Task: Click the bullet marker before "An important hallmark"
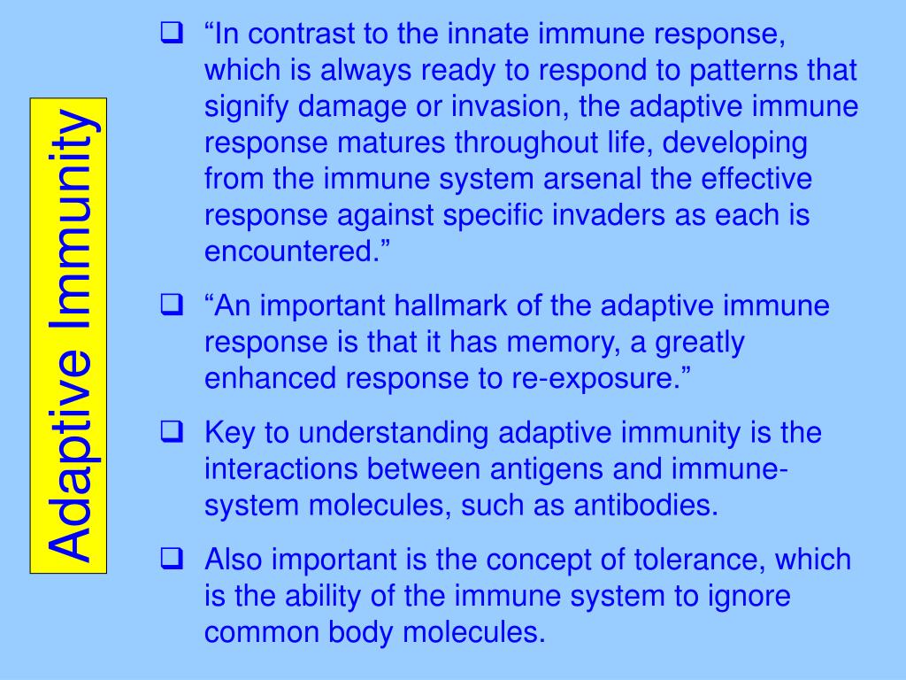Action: click(x=171, y=307)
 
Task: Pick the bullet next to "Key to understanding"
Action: click(x=171, y=434)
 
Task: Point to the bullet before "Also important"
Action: click(x=171, y=560)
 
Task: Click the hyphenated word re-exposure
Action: click(x=606, y=379)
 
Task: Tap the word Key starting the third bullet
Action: click(x=232, y=434)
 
